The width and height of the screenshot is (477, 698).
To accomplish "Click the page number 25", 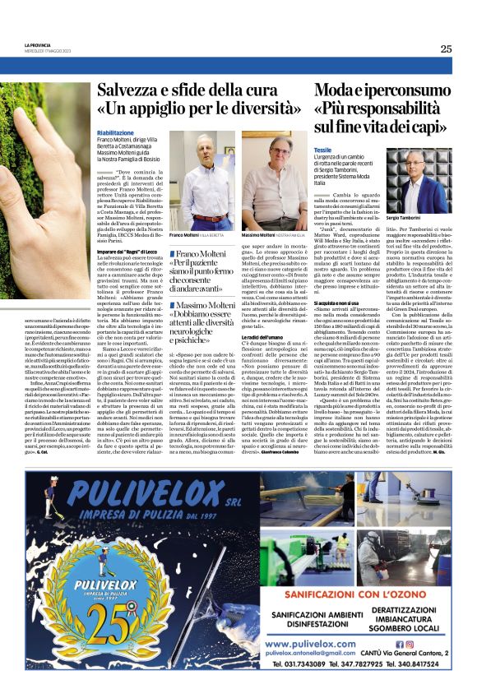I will click(446, 49).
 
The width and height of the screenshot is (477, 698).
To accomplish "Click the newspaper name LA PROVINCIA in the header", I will click(38, 45).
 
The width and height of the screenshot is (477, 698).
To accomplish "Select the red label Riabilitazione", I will click(114, 132).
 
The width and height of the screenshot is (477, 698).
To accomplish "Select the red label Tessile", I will click(322, 150).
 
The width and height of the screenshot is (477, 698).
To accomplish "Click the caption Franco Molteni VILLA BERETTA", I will click(197, 234).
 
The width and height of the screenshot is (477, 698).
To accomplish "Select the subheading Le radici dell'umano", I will click(262, 338).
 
